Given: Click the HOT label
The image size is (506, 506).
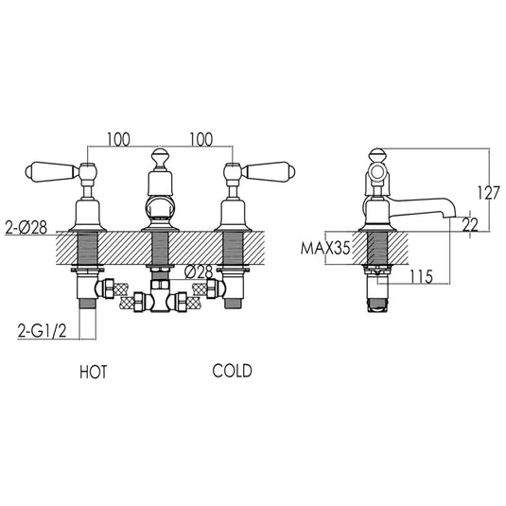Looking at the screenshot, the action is coord(94,372).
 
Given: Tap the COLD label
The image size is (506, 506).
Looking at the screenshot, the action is coord(232,371).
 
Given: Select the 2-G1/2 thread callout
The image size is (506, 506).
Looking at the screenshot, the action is coord(42,331).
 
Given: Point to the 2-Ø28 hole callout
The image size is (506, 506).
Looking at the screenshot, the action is coord(26,227).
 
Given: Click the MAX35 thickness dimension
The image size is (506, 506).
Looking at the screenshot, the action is coord(325,248).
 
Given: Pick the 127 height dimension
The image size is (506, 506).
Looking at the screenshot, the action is coord(489,193).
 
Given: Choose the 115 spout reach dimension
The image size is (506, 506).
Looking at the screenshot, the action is coord(421,276).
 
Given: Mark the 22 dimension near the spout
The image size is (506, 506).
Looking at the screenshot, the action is coord(470,225).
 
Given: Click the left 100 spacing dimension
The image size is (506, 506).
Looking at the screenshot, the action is coord(118,139).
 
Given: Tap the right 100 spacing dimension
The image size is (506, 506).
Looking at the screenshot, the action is coord(201,139).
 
